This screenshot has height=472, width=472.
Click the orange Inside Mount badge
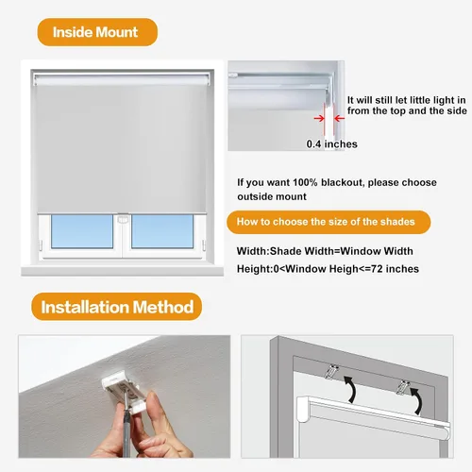pos(97,32)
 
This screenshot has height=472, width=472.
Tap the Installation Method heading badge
pos(117,307)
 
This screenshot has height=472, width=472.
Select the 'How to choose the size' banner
pos(329,222)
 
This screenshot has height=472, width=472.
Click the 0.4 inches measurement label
pos(332,143)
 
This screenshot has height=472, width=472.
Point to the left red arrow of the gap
pos(319,119)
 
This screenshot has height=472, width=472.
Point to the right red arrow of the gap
pos(339,119)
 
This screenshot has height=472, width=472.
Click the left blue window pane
pos(82,231)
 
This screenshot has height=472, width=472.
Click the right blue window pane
pos(162,231)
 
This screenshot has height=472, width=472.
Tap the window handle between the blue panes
pos(123,219)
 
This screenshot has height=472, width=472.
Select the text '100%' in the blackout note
pos(305,182)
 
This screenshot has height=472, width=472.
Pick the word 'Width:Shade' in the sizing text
pos(269,251)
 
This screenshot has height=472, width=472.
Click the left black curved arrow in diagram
pos(351,388)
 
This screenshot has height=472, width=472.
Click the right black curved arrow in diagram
pos(416,400)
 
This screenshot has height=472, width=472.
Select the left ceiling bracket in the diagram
pos(331,371)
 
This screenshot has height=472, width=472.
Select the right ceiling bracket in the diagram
pos(402,387)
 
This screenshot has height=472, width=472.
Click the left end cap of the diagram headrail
pos(304,409)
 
